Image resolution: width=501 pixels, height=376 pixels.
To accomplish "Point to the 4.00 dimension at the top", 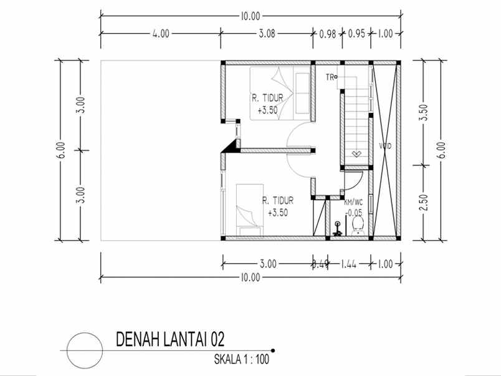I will pyautogui.click(x=160, y=34).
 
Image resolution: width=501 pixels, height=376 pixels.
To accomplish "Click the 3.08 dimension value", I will pyautogui.click(x=266, y=34).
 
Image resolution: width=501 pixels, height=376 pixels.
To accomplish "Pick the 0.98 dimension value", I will pyautogui.click(x=328, y=34).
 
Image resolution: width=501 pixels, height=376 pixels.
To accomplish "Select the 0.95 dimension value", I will pyautogui.click(x=356, y=34).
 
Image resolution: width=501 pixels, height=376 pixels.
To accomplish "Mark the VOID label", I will pyautogui.click(x=384, y=146).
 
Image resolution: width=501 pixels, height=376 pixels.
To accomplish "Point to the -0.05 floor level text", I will pyautogui.click(x=354, y=212).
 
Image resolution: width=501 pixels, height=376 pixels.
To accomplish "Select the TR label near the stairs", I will pyautogui.click(x=330, y=77).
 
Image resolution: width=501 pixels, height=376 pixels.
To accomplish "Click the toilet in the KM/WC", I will pyautogui.click(x=357, y=228).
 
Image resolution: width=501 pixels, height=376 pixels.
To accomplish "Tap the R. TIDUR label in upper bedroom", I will pyautogui.click(x=265, y=98).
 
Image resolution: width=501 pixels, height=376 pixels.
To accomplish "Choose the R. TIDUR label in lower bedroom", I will pyautogui.click(x=277, y=201).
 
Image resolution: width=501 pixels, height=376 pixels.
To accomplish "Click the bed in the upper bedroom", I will pyautogui.click(x=280, y=93).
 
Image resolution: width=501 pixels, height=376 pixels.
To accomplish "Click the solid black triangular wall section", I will pyautogui.click(x=231, y=147).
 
